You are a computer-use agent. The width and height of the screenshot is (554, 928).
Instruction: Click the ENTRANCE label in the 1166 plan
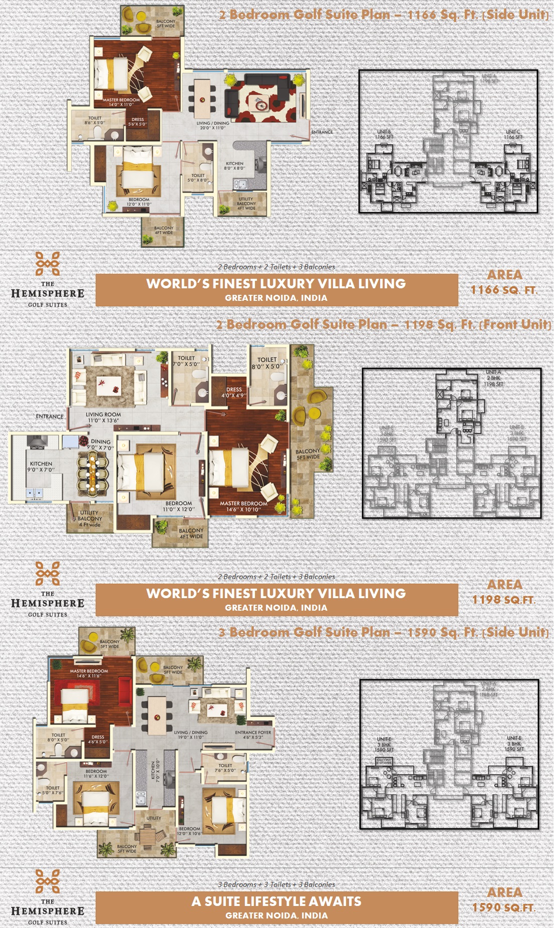322,132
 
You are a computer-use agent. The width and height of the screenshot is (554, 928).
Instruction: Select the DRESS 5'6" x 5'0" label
138,122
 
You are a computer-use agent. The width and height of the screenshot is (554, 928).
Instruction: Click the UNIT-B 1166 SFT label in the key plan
384,134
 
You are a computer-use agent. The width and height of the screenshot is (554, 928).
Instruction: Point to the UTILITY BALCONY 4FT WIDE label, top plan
246,203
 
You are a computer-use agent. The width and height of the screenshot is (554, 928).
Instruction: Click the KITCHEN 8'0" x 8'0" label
234,166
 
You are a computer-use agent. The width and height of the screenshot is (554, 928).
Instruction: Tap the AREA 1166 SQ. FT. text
504,282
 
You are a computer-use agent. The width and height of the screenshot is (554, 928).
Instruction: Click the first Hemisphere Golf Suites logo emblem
48,264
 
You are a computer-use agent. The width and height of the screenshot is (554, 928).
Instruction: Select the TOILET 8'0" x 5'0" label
267,363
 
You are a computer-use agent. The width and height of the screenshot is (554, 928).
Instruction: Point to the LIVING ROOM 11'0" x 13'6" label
103,417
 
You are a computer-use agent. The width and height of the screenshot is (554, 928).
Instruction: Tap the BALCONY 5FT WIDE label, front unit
308,454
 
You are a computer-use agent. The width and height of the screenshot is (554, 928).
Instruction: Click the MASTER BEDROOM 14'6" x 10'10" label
243,507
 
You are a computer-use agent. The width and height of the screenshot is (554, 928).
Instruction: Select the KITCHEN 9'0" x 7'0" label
41,467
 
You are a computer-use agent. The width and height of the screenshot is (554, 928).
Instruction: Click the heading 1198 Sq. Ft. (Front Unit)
384,325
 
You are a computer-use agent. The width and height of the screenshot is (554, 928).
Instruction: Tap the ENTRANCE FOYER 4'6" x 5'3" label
253,735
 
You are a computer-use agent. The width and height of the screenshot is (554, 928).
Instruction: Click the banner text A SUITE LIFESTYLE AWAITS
276,901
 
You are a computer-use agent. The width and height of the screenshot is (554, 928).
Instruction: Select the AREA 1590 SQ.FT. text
504,900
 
